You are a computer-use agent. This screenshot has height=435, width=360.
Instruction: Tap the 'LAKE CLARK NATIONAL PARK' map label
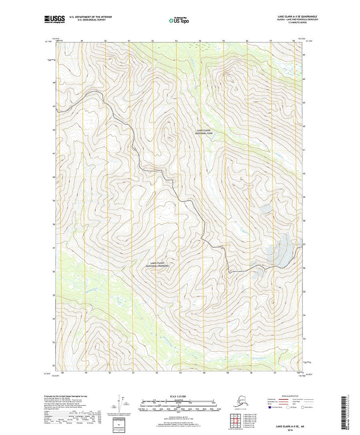point(204,132)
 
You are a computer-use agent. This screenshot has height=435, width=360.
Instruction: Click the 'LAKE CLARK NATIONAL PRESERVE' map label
point(158,264)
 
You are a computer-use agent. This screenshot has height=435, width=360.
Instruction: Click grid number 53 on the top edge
point(176,41)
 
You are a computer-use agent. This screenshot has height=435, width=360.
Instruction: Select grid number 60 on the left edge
point(54,177)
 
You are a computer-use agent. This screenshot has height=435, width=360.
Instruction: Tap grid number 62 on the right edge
point(304,126)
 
